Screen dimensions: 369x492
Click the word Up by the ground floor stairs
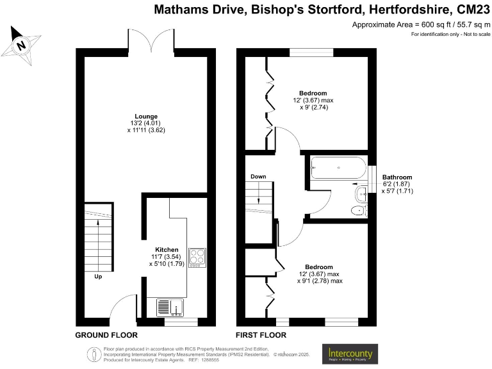coord(98,277)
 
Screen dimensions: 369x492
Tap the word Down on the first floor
coord(258,176)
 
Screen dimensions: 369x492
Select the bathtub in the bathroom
coord(338,169)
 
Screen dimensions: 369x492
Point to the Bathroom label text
coord(397,177)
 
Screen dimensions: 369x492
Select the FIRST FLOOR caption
coord(261,335)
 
